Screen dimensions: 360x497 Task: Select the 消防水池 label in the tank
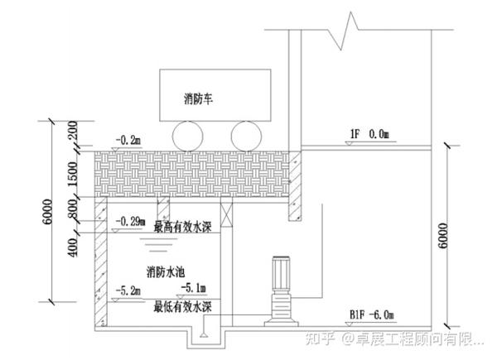click(166, 271)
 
